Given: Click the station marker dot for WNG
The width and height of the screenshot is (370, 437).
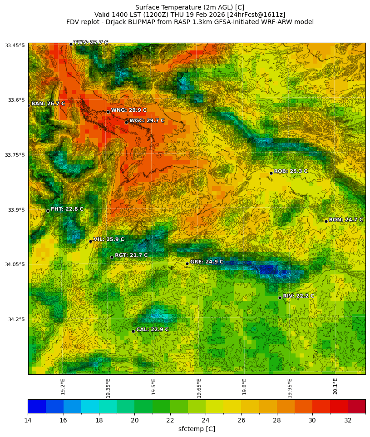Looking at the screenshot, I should pyautogui.click(x=108, y=112).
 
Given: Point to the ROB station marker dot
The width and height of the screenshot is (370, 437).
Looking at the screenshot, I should pyautogui.click(x=271, y=173).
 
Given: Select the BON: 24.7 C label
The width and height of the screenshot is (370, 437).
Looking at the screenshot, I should pyautogui.click(x=345, y=220).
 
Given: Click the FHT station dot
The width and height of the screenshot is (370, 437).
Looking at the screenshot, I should pyautogui.click(x=48, y=211).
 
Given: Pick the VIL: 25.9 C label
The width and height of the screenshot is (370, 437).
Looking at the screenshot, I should pyautogui.click(x=109, y=239).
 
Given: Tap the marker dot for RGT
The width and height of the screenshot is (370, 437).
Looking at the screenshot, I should pyautogui.click(x=112, y=257).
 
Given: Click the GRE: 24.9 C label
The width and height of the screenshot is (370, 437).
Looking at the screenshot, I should pyautogui.click(x=207, y=262).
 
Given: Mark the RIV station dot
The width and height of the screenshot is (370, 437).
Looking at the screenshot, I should pyautogui.click(x=280, y=298).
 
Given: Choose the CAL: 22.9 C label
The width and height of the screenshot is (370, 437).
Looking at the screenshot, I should pyautogui.click(x=152, y=330).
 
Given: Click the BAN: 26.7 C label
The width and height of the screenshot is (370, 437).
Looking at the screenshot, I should pyautogui.click(x=48, y=104).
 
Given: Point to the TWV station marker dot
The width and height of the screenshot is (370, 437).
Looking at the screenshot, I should pyautogui.click(x=71, y=44).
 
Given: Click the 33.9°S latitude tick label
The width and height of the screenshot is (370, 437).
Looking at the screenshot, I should pyautogui.click(x=15, y=210).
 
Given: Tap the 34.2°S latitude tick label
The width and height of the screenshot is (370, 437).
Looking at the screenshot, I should pyautogui.click(x=15, y=319).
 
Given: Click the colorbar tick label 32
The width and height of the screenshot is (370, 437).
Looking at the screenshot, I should pyautogui.click(x=348, y=421).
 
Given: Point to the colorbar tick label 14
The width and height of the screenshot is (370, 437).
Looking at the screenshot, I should pyautogui.click(x=28, y=421).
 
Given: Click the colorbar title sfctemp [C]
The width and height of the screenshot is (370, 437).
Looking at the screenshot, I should pyautogui.click(x=197, y=429).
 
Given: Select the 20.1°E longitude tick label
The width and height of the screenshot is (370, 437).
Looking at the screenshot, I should pyautogui.click(x=335, y=386).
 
